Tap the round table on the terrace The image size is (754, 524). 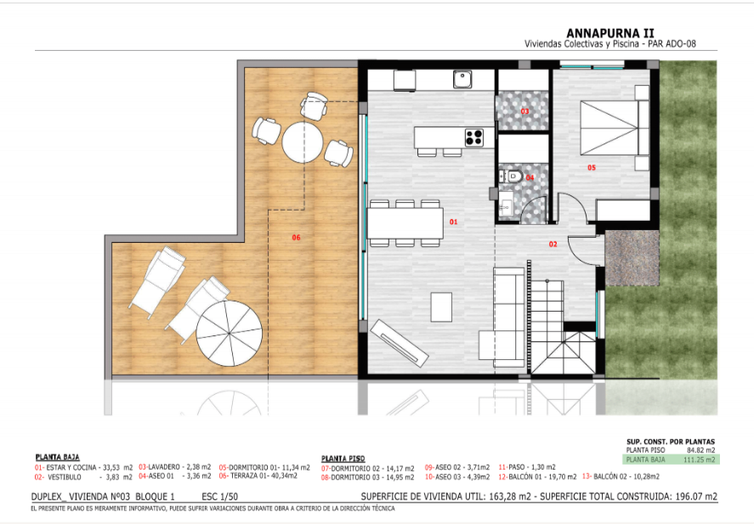[303, 142]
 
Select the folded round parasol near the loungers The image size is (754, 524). [230, 334]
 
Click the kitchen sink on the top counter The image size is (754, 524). [462, 79]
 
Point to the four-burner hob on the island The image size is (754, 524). [473, 136]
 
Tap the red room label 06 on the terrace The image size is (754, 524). [296, 237]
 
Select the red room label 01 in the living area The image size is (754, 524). [454, 222]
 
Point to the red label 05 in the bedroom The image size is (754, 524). [592, 167]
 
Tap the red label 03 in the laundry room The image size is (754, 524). [524, 111]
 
